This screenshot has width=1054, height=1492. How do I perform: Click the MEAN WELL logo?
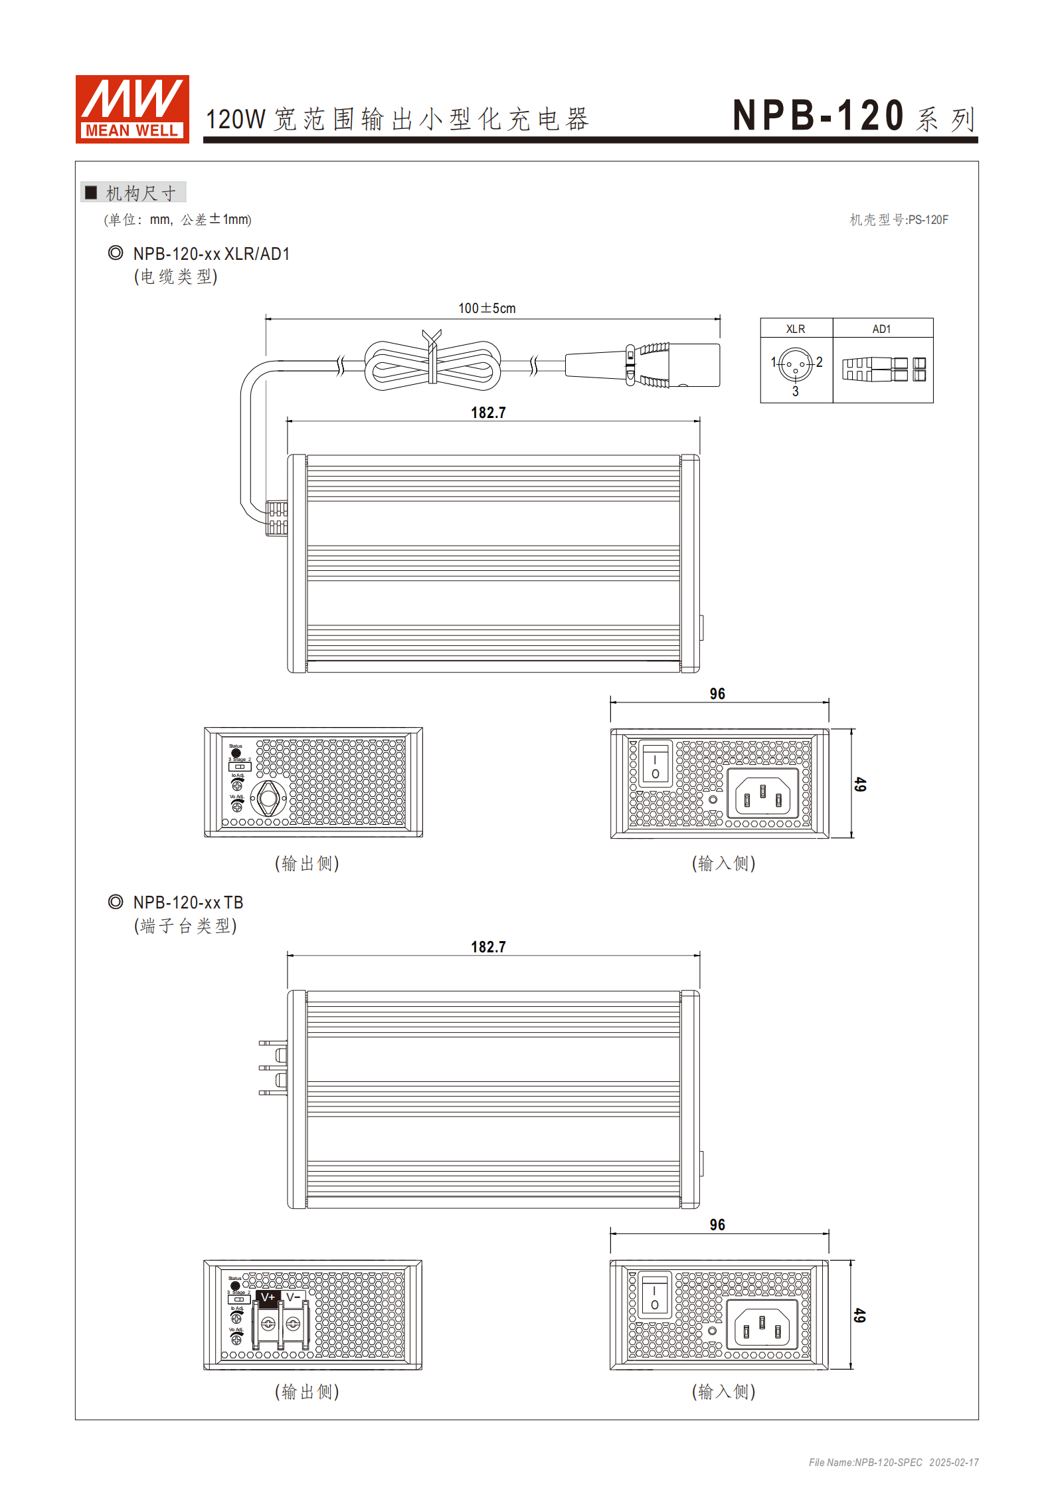click(132, 109)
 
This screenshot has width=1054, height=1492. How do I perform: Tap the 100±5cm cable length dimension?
click(487, 308)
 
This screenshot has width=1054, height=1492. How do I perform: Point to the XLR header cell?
click(796, 329)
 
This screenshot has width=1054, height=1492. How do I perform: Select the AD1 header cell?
click(882, 329)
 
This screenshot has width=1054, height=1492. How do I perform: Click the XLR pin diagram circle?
click(796, 364)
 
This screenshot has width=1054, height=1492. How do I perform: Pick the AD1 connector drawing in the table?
click(883, 370)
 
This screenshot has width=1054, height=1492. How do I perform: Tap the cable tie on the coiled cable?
click(432, 357)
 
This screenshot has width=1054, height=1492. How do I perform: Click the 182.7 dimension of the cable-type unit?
click(488, 413)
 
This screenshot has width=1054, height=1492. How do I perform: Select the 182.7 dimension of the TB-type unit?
click(488, 947)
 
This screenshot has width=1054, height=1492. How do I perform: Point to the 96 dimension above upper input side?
click(717, 694)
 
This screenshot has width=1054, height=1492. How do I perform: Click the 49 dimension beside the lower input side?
click(859, 1315)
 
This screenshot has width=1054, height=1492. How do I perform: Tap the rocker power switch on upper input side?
click(655, 764)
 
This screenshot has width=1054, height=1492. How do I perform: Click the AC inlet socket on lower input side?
click(761, 1327)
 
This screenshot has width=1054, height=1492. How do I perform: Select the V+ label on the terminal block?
click(268, 1297)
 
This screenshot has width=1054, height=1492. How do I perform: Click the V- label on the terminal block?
click(293, 1297)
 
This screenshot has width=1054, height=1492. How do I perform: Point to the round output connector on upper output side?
click(268, 798)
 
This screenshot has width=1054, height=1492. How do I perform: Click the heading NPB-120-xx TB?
click(188, 903)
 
